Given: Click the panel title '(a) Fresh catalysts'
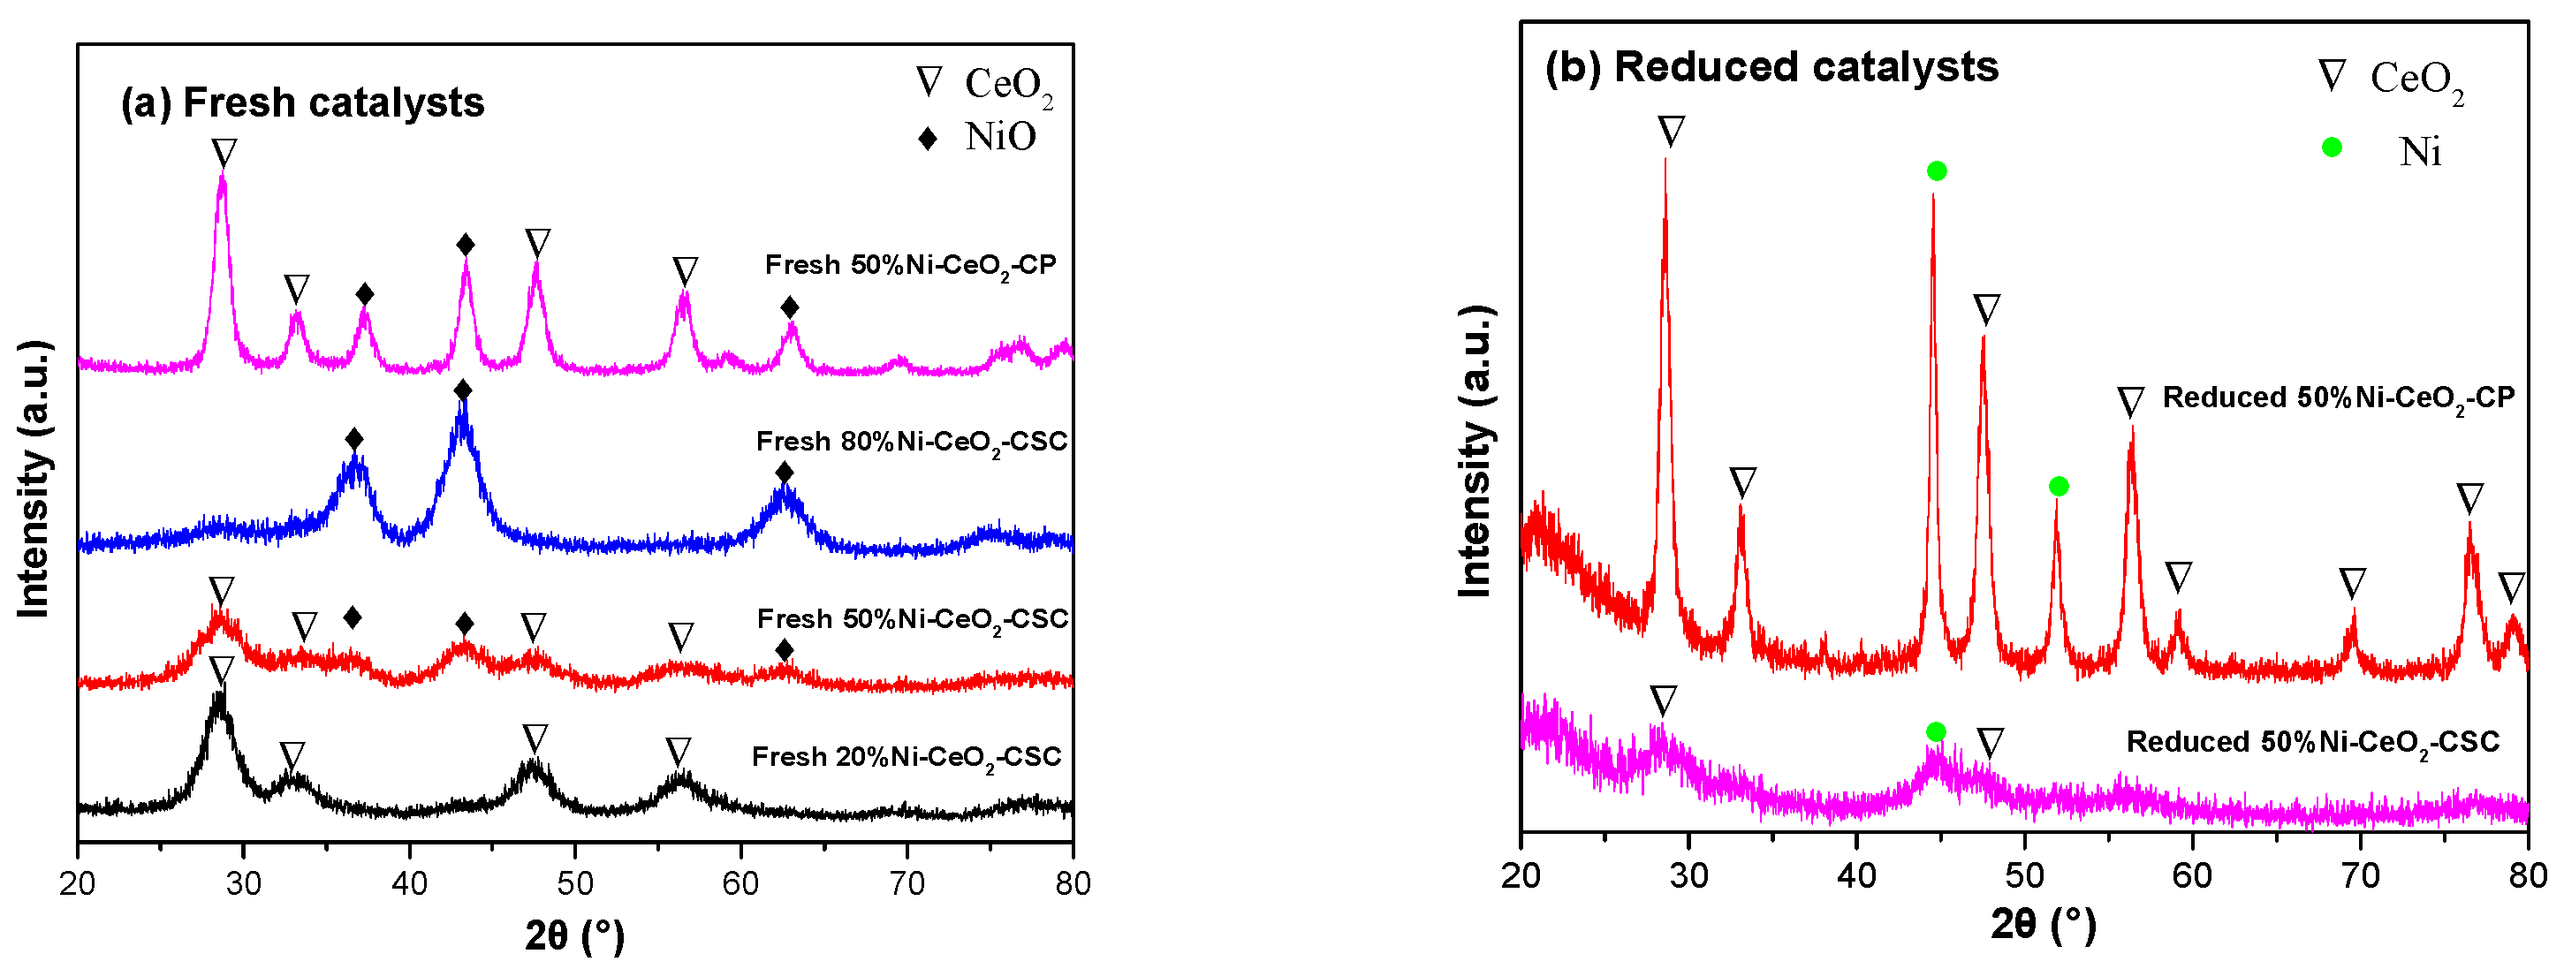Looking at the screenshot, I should tap(301, 102).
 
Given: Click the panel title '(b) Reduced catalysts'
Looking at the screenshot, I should tap(1771, 66).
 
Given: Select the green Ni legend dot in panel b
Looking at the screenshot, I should tap(2331, 148).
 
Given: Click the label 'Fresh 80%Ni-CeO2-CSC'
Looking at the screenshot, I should tap(911, 442).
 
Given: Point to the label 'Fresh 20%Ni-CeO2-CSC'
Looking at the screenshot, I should tap(906, 757).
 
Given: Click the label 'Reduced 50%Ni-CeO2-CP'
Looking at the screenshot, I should tap(2338, 398).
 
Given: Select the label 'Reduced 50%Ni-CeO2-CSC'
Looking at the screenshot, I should tap(2312, 742).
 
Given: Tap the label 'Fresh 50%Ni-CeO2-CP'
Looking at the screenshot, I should tap(910, 266).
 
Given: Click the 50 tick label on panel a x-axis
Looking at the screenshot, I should tap(574, 883).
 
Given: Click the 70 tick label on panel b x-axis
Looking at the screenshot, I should tap(2359, 875).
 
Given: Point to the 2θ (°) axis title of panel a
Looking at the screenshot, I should tap(574, 935).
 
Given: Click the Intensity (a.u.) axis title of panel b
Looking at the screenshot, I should tap(1475, 452).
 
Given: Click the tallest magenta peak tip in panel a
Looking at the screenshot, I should tap(222, 177).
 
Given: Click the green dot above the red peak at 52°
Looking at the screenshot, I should tap(2060, 487).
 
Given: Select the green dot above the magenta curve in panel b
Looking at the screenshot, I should tap(1935, 732).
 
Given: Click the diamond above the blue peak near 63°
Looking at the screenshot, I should tap(785, 473).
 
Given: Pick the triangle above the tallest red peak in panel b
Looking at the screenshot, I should tap(1671, 132).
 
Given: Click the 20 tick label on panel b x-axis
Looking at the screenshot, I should tap(1520, 875).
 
